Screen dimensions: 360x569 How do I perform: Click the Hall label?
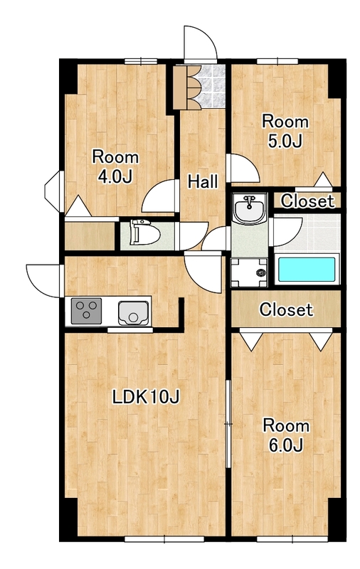point(203,181)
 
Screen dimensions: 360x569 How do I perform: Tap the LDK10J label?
point(146,397)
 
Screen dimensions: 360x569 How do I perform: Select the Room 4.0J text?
point(115,166)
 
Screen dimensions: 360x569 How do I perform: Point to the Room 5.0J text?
point(285,131)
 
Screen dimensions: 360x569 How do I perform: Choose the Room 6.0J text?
point(286,435)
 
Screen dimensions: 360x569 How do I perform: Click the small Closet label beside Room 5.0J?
point(307,201)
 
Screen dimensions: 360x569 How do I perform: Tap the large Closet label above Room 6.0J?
point(286,309)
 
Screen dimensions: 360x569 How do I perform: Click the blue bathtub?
point(307,270)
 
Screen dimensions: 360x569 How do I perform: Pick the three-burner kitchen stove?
point(86,311)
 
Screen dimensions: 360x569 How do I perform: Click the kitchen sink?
point(133,313)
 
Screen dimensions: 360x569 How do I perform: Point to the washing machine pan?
point(249,272)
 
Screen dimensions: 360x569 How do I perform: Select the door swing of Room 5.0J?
point(243,169)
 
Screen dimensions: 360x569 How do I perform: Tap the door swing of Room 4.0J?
point(159,196)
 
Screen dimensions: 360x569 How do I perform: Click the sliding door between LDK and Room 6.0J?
point(228,424)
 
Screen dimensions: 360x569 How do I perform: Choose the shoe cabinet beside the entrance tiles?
point(180,87)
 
